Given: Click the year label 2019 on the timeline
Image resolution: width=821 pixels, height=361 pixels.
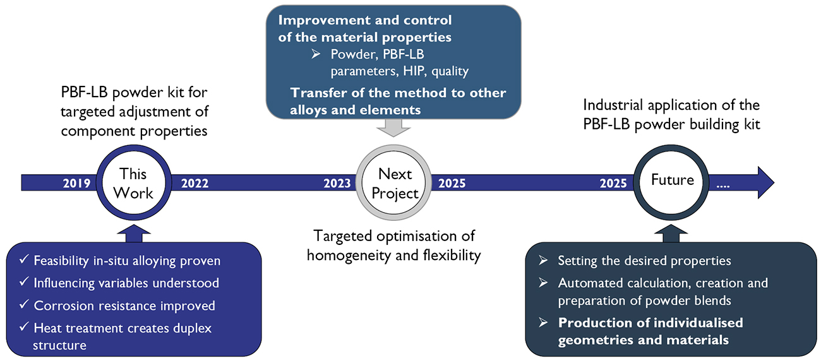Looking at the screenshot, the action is coord(76,183).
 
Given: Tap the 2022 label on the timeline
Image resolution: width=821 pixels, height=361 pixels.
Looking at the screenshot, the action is coord(195,183).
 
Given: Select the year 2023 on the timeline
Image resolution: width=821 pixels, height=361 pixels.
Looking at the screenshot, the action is coord(337,183).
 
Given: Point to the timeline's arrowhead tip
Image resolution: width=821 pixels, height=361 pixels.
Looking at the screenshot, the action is coord(774,182).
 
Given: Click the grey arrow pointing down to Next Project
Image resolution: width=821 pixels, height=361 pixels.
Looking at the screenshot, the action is coord(393,127).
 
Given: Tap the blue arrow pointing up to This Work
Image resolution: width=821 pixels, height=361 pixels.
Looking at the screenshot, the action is coord(134,234).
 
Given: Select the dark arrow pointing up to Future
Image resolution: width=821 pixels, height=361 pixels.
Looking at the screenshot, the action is coord(671,234).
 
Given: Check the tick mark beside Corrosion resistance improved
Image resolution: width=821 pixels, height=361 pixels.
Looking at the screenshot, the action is coord(24,304).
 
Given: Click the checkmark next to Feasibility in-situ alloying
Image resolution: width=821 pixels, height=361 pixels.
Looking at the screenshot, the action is coord(24,259).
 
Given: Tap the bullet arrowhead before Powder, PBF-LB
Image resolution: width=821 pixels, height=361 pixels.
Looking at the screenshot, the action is coord(316,54).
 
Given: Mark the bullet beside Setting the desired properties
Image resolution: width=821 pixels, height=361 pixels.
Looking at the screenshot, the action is coord(543,260).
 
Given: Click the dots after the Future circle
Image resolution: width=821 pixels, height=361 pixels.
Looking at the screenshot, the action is coord(722,186).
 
